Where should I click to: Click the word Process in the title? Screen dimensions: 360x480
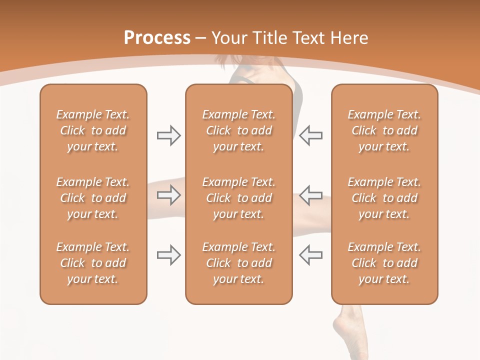pyautogui.click(x=157, y=38)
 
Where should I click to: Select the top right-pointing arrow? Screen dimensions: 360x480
pyautogui.click(x=168, y=135)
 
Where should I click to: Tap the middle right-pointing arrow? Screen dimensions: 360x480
pyautogui.click(x=168, y=195)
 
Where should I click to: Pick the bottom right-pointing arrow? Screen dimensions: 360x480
pyautogui.click(x=168, y=255)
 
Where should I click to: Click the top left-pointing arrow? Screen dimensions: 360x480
pyautogui.click(x=310, y=135)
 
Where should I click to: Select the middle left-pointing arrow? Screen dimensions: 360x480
pyautogui.click(x=310, y=195)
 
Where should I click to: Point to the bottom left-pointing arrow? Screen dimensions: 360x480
pyautogui.click(x=310, y=255)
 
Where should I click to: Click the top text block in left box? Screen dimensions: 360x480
pyautogui.click(x=93, y=130)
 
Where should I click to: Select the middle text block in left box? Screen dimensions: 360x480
pyautogui.click(x=93, y=198)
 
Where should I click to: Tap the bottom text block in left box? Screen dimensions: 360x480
pyautogui.click(x=93, y=263)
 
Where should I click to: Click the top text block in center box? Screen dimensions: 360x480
pyautogui.click(x=238, y=130)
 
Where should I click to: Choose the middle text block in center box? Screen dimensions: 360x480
pyautogui.click(x=238, y=198)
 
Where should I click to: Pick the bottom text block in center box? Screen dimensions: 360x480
pyautogui.click(x=238, y=263)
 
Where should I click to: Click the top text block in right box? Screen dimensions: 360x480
pyautogui.click(x=384, y=130)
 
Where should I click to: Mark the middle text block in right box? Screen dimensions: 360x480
pyautogui.click(x=384, y=198)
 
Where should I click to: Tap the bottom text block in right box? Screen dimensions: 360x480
pyautogui.click(x=384, y=263)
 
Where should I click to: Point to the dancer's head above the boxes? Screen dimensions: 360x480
pyautogui.click(x=250, y=67)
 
